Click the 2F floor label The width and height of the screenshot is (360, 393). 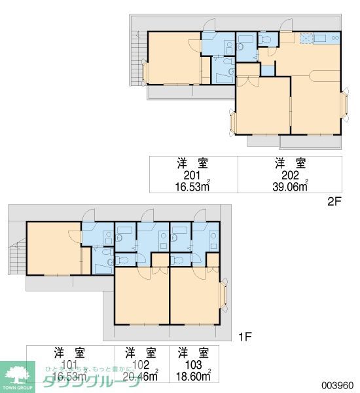coord(334,202)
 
